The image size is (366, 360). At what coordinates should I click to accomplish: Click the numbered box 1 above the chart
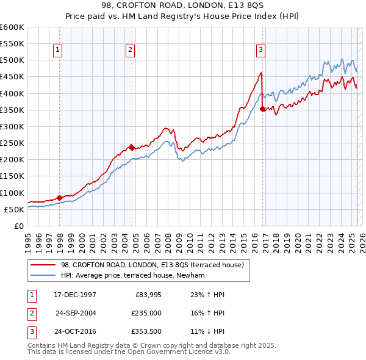tap(57, 51)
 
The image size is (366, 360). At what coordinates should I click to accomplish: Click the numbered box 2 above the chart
tap(131, 51)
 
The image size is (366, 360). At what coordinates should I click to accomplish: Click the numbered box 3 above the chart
tap(260, 51)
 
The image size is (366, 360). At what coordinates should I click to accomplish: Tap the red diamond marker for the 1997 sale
tap(59, 198)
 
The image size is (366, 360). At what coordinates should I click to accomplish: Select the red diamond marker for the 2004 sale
tap(131, 147)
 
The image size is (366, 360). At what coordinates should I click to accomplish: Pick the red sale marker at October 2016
tap(262, 109)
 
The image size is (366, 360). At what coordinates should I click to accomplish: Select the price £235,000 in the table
tap(146, 314)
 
